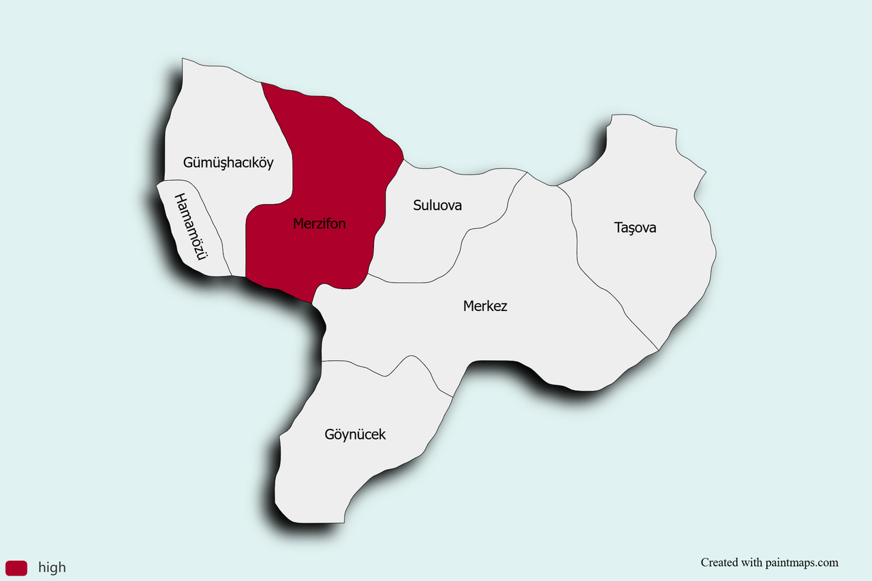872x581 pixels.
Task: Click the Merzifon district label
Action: (319, 224)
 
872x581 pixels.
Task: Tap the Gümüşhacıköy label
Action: (228, 163)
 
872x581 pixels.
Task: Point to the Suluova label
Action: (437, 205)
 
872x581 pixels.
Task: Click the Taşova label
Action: (635, 228)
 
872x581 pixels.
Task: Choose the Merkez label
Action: (485, 306)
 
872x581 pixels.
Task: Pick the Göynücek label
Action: (355, 434)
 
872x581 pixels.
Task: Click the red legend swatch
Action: (16, 567)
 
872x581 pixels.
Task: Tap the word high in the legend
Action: (52, 567)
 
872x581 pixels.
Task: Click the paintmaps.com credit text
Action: (769, 563)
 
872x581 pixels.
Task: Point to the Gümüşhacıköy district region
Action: (218, 116)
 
